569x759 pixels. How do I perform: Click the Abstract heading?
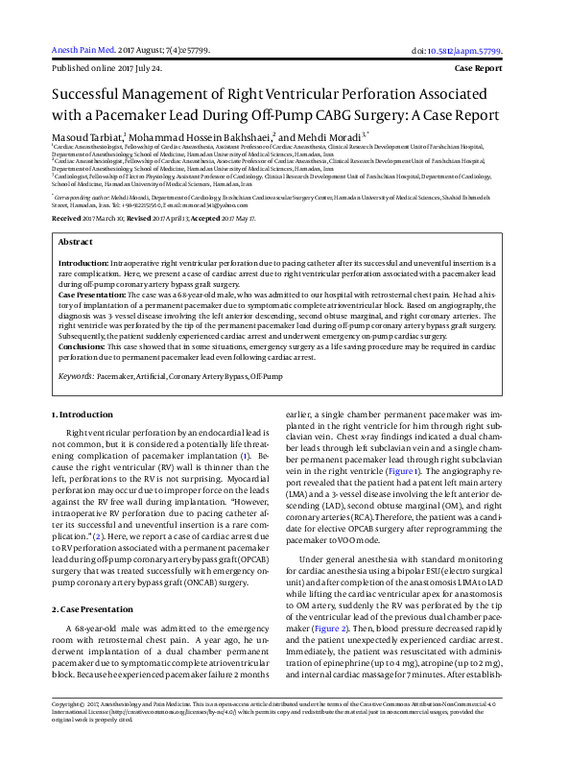coord(76,243)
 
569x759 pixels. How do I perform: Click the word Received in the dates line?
coord(66,219)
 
